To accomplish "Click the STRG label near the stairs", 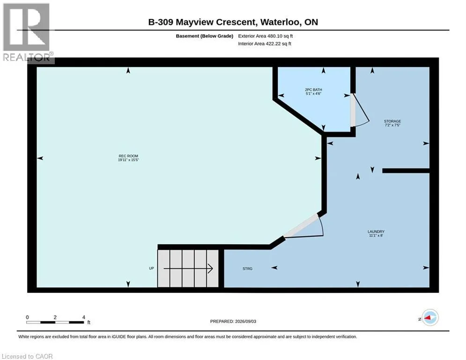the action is coord(248,269).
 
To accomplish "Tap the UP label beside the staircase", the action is coord(152,269).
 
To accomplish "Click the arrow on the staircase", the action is coord(188,269).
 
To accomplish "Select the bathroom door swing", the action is coord(360,111).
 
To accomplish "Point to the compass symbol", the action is coord(430,317).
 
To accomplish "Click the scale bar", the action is coord(55,322).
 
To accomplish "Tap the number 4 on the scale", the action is coord(84,317).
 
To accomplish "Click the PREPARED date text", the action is coord(233,321).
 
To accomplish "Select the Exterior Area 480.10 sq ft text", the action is coord(266,36).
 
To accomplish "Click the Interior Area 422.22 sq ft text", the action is coord(265,44).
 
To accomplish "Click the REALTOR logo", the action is coord(27,33).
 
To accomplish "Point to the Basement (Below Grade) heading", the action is coord(205,36).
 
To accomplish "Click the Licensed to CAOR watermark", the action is coord(27,356).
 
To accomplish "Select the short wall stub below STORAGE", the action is coord(406,171).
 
